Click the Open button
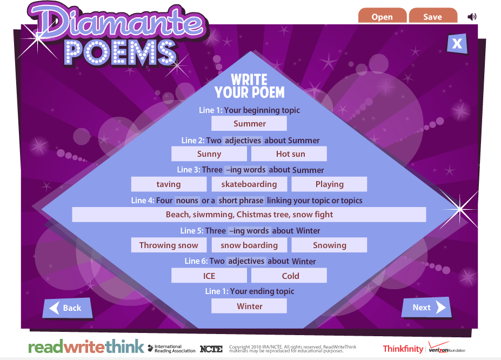382,17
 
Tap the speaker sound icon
472,17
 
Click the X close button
457,44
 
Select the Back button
67,308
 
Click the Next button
426,308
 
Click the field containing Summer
249,124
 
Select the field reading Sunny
209,154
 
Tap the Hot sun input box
289,154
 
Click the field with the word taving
169,184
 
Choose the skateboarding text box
249,184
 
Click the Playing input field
329,184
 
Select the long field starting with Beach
249,215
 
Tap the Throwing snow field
169,245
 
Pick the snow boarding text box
249,245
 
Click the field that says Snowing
329,245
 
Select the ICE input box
209,276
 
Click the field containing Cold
289,276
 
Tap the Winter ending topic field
249,306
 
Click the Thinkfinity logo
403,349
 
